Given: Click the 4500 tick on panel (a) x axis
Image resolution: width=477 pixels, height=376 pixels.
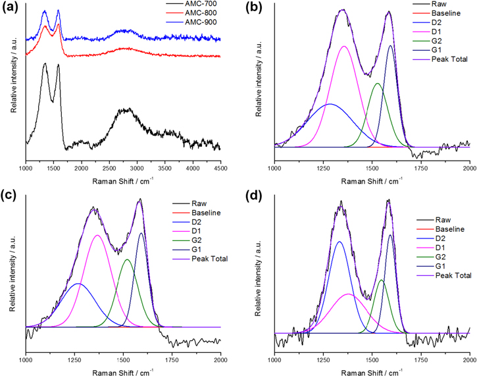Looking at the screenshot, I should point(220,169).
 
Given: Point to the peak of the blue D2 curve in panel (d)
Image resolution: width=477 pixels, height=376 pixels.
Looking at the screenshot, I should point(339,242).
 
